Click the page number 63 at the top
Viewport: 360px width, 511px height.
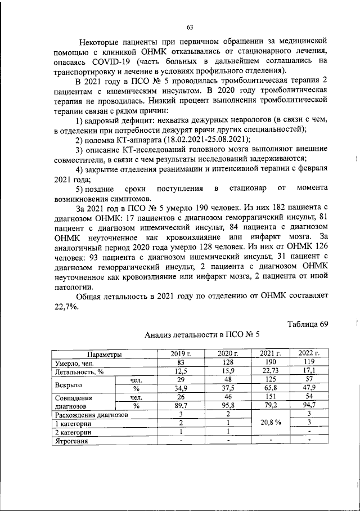[190, 28]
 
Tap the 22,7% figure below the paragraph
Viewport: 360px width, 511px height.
[67, 307]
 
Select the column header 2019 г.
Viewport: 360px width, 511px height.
[181, 353]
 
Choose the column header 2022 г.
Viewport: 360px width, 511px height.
[309, 353]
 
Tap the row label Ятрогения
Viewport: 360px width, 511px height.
[71, 441]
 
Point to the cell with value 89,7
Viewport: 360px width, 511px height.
[181, 406]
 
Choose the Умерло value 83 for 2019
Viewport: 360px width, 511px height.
[181, 362]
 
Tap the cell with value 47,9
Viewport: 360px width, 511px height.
[309, 389]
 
